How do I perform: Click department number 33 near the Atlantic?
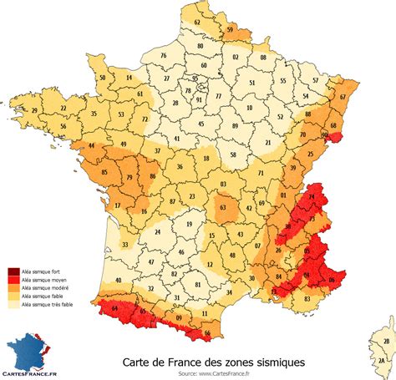pos(125,245)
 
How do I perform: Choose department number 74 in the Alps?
pos(312,198)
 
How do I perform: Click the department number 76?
pos(165,56)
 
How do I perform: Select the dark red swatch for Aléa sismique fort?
pos(15,271)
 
